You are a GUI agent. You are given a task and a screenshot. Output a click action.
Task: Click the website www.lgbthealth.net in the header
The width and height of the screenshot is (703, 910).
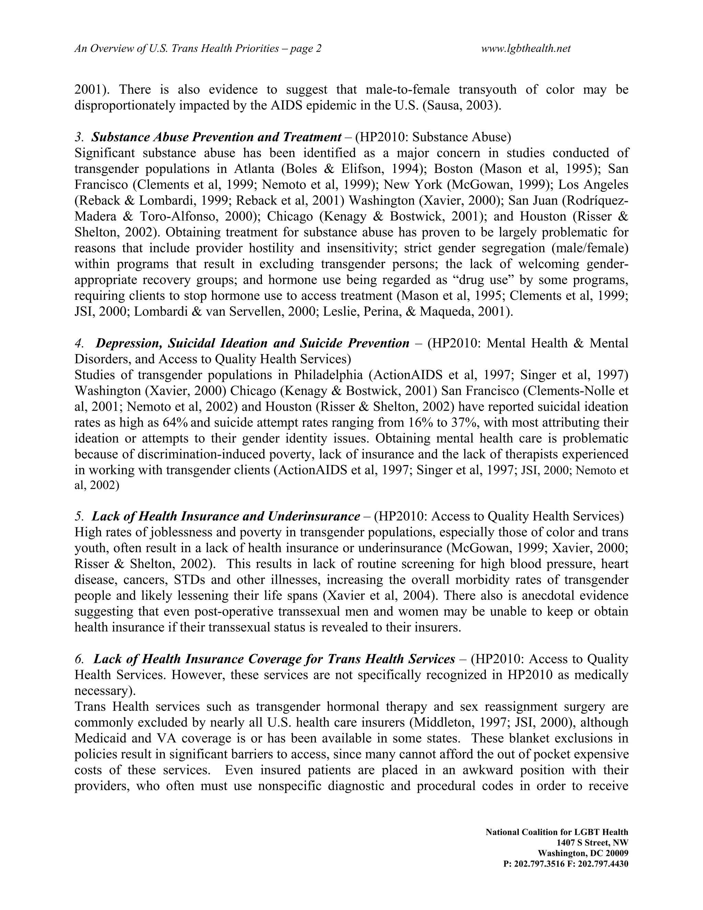tap(526, 49)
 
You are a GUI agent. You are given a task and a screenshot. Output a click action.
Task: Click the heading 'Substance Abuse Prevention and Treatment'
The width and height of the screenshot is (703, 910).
tap(216, 137)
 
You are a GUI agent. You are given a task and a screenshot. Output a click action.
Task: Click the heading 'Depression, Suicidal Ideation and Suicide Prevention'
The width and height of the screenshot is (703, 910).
tap(252, 343)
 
